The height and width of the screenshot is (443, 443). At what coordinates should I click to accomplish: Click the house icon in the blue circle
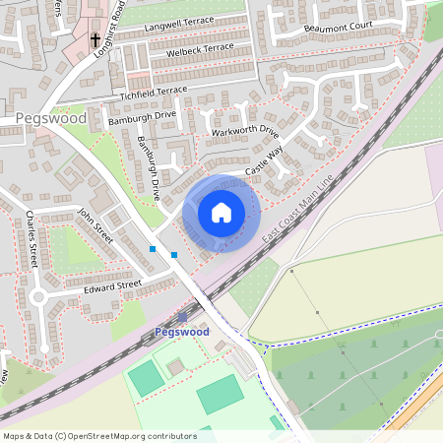point(221,213)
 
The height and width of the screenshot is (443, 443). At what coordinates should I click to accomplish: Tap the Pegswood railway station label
point(182,333)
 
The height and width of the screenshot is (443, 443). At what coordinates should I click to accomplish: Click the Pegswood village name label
point(51,118)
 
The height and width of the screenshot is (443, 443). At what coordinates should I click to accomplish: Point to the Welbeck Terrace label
point(200,47)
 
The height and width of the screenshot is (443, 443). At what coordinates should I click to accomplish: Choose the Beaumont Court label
point(341,31)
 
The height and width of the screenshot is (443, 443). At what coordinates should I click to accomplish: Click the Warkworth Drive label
point(245,130)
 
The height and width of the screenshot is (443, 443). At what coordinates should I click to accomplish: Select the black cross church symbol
point(96,40)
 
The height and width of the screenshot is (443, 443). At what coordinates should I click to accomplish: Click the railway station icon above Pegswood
point(182,317)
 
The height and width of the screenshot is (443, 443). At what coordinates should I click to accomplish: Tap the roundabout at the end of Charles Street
point(39,296)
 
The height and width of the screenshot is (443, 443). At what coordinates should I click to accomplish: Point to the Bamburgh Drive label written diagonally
point(149,168)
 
